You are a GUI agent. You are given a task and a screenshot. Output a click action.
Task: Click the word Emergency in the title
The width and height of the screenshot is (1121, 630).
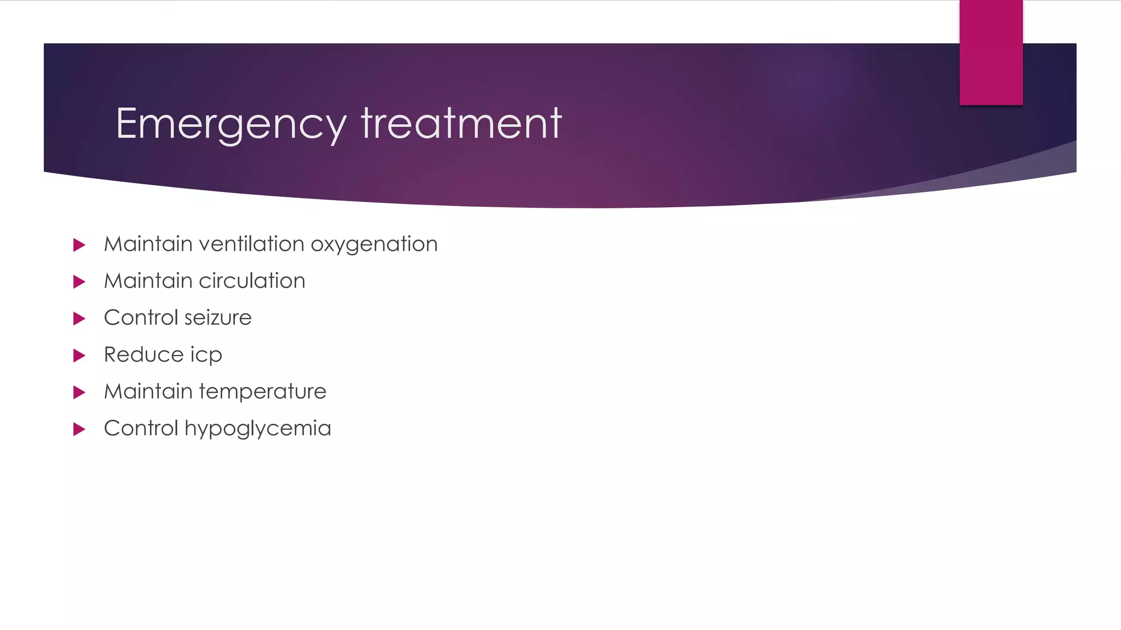231,125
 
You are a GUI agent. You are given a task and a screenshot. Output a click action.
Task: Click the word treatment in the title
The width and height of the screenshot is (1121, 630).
461,124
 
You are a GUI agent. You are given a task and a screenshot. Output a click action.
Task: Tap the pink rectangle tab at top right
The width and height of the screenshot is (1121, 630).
991,52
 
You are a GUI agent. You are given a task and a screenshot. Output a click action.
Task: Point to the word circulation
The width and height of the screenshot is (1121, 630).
252,281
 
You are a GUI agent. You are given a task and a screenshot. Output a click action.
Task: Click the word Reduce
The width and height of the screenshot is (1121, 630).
143,354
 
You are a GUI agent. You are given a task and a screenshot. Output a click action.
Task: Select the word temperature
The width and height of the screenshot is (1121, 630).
263,392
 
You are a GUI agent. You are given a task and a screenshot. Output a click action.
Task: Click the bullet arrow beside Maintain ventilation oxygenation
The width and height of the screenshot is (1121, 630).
79,245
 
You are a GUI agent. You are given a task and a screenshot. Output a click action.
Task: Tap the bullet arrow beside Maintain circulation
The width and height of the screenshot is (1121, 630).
79,282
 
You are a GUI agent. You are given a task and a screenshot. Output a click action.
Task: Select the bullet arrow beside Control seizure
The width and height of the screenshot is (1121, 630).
79,318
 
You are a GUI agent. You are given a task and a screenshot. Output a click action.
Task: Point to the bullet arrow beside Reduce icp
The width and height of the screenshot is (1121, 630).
79,355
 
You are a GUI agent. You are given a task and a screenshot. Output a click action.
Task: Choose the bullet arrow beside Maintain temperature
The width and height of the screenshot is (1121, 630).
79,392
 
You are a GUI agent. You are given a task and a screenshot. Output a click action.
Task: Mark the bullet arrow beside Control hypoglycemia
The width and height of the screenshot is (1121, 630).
79,429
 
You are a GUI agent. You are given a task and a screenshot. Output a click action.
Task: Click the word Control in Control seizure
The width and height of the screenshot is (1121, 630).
141,318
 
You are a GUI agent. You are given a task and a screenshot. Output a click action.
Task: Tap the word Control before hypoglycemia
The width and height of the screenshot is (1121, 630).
141,428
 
